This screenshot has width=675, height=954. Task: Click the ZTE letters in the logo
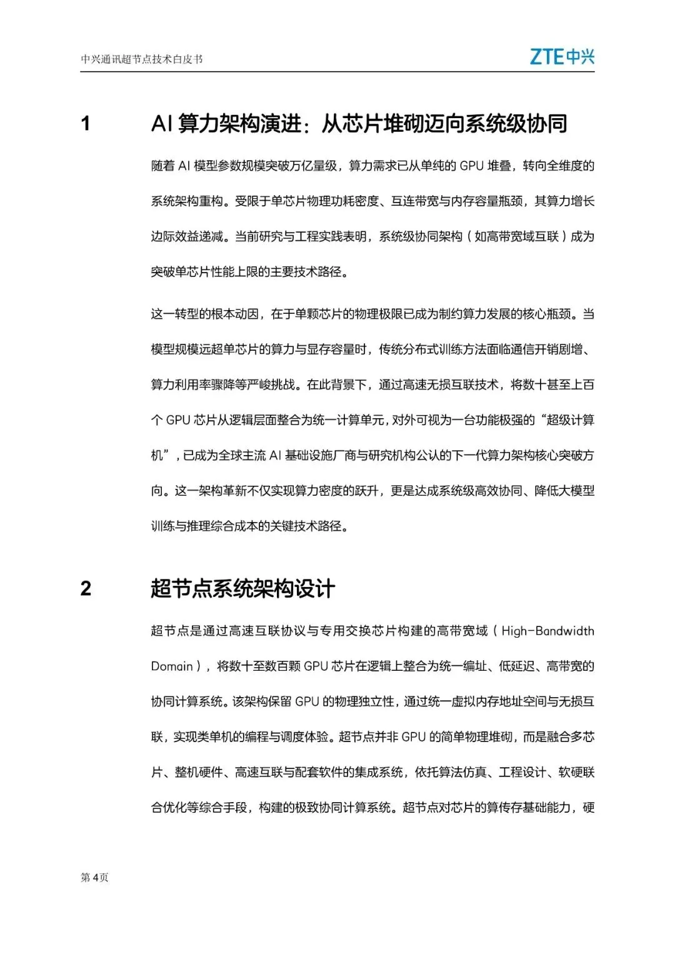point(547,57)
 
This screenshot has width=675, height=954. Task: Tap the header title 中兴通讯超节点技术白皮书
point(142,59)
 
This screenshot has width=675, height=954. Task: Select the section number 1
point(86,124)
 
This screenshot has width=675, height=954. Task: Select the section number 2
point(86,588)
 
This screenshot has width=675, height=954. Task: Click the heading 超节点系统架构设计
point(242,588)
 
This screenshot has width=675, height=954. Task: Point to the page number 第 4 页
point(94,877)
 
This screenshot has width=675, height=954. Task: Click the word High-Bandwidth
point(547,631)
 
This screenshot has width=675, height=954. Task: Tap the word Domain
point(172,666)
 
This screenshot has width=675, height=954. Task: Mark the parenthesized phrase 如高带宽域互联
point(516,237)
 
